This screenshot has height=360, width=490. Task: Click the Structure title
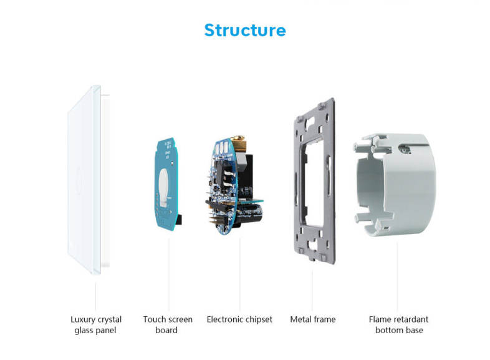pyautogui.click(x=244, y=30)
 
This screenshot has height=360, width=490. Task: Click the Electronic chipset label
pyautogui.click(x=239, y=319)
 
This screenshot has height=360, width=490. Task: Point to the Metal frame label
pyautogui.click(x=312, y=319)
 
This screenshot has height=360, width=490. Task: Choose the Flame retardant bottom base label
pyautogui.click(x=398, y=324)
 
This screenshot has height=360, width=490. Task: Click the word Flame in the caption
pyautogui.click(x=380, y=319)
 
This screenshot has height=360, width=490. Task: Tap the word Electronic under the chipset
pyautogui.click(x=226, y=319)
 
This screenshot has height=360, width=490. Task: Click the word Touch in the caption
pyautogui.click(x=155, y=319)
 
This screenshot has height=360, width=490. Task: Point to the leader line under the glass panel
pyautogui.click(x=95, y=293)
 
